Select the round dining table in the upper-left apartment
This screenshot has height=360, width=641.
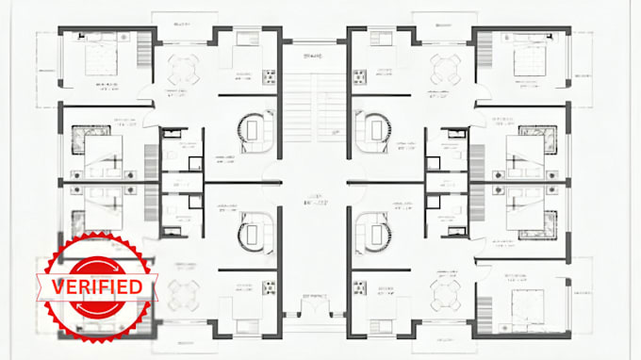coord(182,67)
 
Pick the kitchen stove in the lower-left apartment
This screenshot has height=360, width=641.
coord(268,285)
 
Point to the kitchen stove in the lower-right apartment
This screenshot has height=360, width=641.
coord(359,285)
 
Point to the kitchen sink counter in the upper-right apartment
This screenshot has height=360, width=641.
coord(380,38)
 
